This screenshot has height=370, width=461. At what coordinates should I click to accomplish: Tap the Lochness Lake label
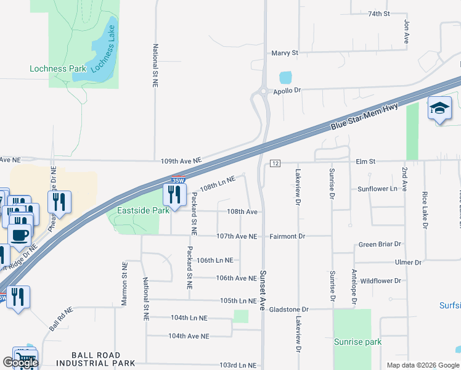point(103,49)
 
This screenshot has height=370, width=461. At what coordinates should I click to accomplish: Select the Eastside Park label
point(139,210)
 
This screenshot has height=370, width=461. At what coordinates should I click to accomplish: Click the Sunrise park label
point(357,342)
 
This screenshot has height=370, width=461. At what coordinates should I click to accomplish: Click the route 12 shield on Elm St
point(275,163)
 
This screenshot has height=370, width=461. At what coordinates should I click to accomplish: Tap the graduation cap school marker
point(439,109)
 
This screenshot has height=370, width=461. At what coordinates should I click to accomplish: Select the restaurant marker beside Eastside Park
point(174,195)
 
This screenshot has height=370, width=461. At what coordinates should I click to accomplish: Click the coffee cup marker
point(19,234)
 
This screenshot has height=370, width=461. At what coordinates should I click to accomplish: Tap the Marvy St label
point(285,53)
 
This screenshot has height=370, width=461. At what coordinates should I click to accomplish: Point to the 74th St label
point(379,14)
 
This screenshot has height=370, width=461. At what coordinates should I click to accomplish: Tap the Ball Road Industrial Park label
point(103,359)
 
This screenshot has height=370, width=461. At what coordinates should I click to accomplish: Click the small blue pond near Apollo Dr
point(285,78)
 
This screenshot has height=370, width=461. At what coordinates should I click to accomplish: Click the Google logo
point(20,363)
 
